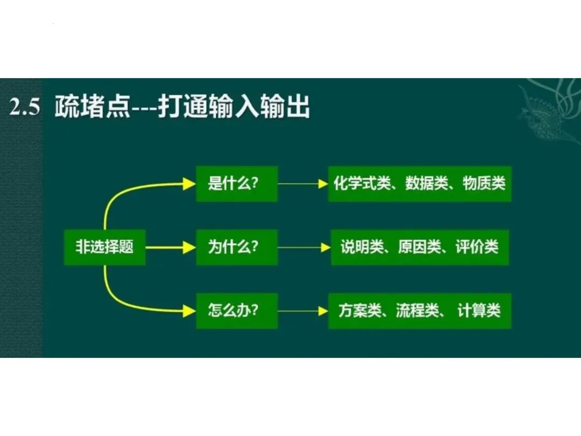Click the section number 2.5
tap(25, 108)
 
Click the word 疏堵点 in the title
tap(92, 108)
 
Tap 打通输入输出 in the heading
tap(233, 108)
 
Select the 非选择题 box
tap(104, 247)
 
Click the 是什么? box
tap(236, 184)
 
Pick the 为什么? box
tap(236, 247)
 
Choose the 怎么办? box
tap(236, 311)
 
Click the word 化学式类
tap(361, 184)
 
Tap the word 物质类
tap(484, 184)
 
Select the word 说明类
tap(362, 247)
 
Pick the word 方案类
tap(359, 311)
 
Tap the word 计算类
tap(479, 311)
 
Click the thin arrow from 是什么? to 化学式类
tap(302, 184)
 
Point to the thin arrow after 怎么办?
tap(302, 311)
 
